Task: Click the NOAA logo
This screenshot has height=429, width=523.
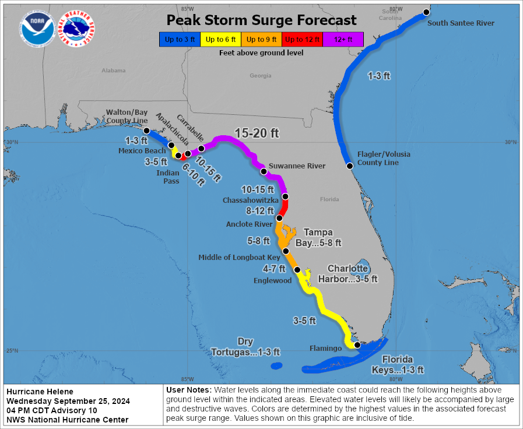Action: point(37,28)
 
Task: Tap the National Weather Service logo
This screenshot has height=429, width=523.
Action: point(79,28)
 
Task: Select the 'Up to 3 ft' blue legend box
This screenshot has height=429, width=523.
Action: point(179,40)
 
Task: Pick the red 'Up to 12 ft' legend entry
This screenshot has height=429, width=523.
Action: point(302,40)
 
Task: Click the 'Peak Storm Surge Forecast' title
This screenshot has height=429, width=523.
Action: point(261,20)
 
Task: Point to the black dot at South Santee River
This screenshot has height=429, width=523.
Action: point(426,12)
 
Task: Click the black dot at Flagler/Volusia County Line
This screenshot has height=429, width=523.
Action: point(350,166)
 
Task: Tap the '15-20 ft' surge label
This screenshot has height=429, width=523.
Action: point(257,133)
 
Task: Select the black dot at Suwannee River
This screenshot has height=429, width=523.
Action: point(264,171)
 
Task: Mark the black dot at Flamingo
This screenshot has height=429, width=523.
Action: point(357,345)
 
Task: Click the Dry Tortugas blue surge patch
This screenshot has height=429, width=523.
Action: point(276,366)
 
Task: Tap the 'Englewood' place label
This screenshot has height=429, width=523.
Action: point(273,280)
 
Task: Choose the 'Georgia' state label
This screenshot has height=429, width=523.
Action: point(261,76)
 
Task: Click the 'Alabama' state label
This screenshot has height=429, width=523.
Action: point(114,71)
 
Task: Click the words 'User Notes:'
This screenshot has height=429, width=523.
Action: point(189,389)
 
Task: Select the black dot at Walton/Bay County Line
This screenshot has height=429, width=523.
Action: point(146,131)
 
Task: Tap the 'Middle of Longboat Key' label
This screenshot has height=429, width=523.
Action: point(239,257)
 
